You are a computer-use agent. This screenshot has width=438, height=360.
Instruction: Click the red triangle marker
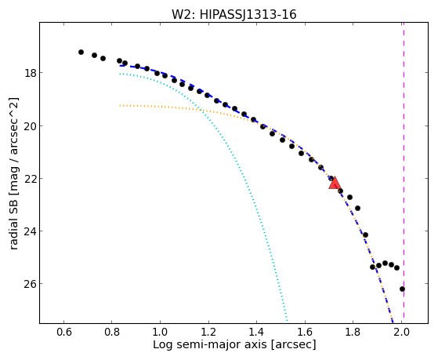335,183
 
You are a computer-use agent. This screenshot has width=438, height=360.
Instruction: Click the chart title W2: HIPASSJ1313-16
233,14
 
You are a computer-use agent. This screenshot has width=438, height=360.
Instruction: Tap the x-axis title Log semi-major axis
210,344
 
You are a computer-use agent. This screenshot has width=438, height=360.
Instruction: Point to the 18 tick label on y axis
31,73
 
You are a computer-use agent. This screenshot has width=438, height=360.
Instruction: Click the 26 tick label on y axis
31,284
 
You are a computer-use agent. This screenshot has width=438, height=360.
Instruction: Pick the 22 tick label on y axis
31,179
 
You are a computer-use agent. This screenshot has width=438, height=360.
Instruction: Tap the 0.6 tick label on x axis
64,332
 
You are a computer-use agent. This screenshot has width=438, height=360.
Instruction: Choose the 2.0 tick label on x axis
401,332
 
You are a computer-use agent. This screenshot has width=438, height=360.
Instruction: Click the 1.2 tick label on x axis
208,332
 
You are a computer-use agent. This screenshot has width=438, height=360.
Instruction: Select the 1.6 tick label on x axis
305,332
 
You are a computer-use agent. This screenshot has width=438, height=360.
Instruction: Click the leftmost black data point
81,52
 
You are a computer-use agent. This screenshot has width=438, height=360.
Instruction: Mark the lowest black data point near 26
402,289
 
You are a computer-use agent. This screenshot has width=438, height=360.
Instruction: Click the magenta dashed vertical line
404,171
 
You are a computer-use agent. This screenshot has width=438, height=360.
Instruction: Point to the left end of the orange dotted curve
120,105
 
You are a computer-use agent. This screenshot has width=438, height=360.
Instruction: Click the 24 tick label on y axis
31,231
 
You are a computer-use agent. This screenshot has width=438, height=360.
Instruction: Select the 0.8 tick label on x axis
112,332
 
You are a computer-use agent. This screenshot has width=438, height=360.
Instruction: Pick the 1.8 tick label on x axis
353,332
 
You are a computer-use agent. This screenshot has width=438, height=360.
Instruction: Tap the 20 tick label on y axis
31,125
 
